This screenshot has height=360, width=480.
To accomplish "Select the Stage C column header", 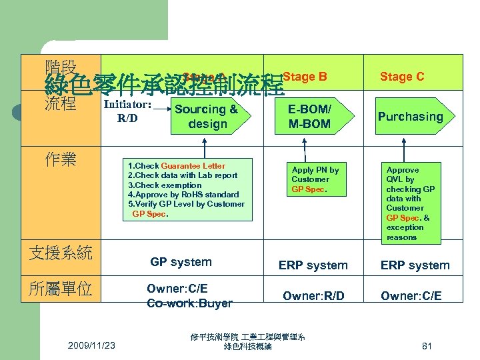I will (401, 77).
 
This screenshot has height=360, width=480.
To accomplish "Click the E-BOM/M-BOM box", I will (309, 116).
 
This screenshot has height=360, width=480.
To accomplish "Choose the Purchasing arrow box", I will (410, 117).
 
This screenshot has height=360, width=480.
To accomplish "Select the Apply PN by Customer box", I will (315, 179).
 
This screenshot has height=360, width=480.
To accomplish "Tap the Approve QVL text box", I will (409, 203).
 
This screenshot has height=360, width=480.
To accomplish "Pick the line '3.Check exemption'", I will (165, 185).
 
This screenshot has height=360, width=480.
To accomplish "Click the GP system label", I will (181, 262).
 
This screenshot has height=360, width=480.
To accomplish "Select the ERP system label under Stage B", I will (313, 265).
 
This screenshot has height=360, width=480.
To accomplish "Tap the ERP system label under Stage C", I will (415, 265).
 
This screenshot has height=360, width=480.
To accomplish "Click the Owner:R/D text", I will (313, 295).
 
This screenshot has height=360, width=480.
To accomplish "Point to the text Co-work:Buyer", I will (189, 303).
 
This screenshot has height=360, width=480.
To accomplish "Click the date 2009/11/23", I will (91, 345).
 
